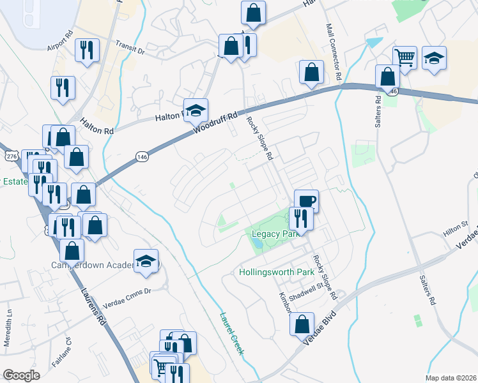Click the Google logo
(x=22, y=375)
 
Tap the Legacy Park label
(x=271, y=234)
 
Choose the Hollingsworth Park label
(x=277, y=272)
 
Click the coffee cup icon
(x=306, y=201)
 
